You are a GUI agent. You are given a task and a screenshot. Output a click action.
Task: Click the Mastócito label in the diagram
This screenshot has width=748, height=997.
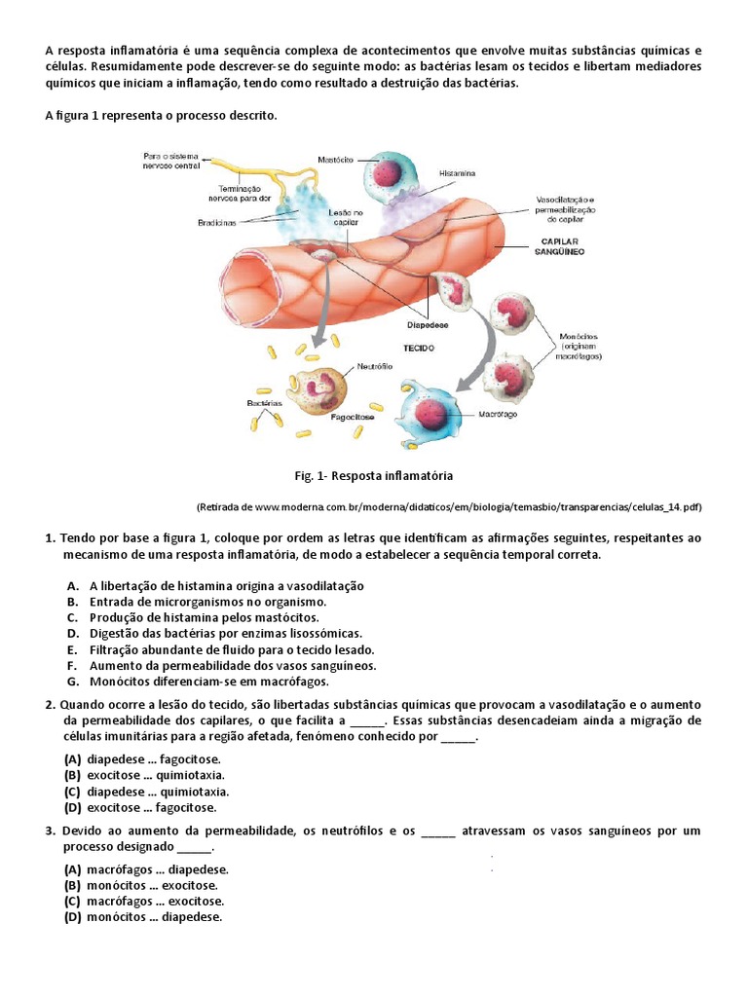[335, 159]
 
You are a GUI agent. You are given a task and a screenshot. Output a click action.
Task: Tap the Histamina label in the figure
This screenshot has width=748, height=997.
[457, 172]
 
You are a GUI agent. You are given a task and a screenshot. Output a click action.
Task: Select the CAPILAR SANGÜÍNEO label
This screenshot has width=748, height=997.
[558, 245]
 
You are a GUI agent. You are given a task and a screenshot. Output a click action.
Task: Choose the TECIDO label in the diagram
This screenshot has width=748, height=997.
[419, 347]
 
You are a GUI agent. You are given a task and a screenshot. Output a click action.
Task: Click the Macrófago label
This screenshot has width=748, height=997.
[498, 414]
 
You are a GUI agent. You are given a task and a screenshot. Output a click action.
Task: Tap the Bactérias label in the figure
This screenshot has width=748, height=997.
[265, 401]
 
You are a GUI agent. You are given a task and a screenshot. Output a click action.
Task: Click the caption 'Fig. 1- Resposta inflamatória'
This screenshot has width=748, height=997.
[374, 476]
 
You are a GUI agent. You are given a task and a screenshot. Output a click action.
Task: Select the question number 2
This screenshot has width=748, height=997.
[49, 704]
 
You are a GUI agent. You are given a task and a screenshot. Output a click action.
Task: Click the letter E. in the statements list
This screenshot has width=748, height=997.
[72, 649]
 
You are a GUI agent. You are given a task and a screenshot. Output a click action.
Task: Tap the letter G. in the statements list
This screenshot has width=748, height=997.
[72, 681]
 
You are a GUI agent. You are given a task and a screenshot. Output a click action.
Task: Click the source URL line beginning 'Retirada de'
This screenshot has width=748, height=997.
[449, 507]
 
